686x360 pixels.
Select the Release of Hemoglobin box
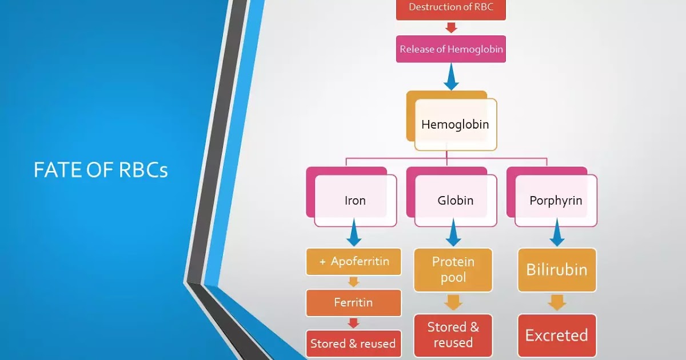coord(451,49)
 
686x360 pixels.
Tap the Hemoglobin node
coord(455,124)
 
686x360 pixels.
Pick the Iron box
coord(355,201)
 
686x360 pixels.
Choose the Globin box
coord(455,201)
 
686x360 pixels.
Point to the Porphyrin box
coord(556,201)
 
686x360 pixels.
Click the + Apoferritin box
coord(354,262)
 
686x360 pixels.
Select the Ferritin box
coord(353,303)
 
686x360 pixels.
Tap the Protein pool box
coord(453,270)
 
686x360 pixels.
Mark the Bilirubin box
coord(557,270)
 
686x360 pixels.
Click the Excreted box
coord(557,335)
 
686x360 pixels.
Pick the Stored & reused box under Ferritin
coord(353,343)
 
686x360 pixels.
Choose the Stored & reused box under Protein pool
coord(453,335)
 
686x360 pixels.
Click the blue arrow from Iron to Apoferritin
coord(354,235)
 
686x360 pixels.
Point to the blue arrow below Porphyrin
coord(557,235)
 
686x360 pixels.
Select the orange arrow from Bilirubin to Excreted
coord(557,303)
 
